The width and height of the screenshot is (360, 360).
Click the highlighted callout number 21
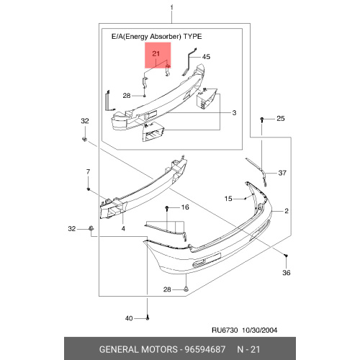pos(156,53)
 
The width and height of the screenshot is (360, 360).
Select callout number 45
pos(206,57)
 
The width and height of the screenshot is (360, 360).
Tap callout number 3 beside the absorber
pos(234,112)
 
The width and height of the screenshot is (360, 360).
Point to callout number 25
pos(281,118)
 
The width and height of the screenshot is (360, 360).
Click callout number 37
pos(282,173)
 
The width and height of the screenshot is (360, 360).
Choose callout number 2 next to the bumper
pos(287,211)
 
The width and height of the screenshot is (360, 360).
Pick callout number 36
pos(287,272)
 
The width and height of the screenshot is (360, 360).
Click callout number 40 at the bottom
pos(129,318)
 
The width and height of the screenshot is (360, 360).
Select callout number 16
pos(185,207)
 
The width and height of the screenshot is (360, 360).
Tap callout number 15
pos(228,199)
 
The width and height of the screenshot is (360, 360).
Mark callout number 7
pos(88,172)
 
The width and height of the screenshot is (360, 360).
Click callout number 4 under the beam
pos(123,228)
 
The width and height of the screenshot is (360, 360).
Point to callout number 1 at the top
pos(171,8)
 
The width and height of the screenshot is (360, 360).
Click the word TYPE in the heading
pos(192,37)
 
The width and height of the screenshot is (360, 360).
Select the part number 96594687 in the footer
pos(204,349)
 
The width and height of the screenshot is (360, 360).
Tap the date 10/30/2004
pos(259,330)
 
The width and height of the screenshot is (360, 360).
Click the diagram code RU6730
pos(225,330)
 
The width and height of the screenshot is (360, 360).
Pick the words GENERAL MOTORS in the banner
pos(138,349)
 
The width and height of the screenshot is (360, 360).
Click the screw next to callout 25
pos(262,120)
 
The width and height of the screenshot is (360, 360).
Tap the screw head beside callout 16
pos(167,208)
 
